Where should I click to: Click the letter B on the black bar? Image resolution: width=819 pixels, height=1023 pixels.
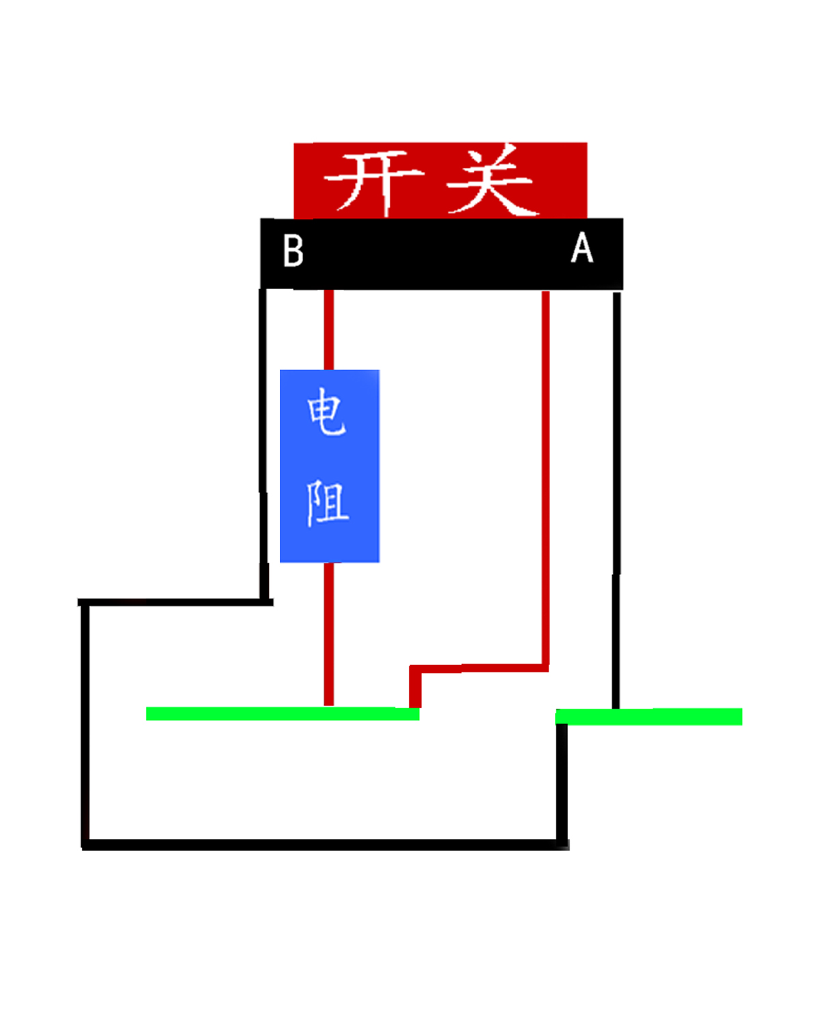(293, 250)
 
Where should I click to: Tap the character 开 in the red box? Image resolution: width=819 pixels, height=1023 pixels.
(373, 182)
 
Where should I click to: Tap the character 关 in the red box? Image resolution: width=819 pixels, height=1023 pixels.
(489, 179)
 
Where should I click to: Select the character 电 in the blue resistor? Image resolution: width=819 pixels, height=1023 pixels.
(326, 411)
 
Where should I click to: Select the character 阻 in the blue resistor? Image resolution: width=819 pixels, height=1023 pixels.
(328, 503)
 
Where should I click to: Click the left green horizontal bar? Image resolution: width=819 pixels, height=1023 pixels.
(283, 713)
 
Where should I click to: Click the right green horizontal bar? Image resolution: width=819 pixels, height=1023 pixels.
(648, 717)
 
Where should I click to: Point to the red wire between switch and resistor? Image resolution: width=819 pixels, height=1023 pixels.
(329, 330)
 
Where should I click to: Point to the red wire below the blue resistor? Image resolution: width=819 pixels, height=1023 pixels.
(329, 634)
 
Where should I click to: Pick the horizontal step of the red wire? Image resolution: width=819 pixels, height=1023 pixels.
(479, 668)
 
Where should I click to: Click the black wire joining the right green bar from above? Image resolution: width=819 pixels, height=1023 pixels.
(616, 501)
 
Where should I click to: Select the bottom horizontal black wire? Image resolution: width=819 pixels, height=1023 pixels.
(326, 844)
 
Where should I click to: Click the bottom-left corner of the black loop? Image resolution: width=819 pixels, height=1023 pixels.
(85, 845)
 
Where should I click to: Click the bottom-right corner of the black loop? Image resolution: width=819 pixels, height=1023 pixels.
(563, 845)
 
